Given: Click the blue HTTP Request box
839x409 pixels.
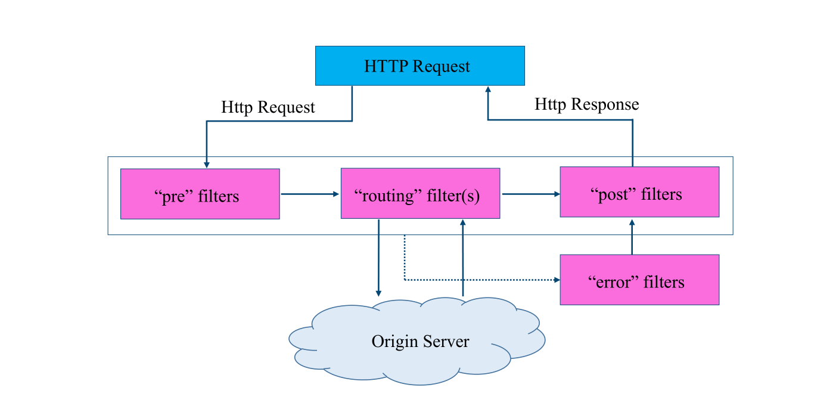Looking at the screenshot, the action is click(x=420, y=66).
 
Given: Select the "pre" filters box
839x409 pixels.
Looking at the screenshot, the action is click(x=200, y=194).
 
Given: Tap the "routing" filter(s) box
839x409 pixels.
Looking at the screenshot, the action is click(x=420, y=193).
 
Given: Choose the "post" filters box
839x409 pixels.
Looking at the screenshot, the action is click(x=639, y=192).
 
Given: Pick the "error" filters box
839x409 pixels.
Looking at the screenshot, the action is click(x=639, y=280).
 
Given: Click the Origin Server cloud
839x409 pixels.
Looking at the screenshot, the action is click(x=417, y=341).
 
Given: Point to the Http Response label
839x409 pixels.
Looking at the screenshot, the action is click(x=586, y=104).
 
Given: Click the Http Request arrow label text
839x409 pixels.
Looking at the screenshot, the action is click(x=268, y=107).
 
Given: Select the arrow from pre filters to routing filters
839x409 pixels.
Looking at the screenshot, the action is click(x=310, y=194).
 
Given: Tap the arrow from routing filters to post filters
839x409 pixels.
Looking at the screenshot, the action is click(x=531, y=194).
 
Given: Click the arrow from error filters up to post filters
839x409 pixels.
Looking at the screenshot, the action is click(x=632, y=237).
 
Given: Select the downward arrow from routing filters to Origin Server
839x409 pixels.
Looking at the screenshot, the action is click(x=378, y=258).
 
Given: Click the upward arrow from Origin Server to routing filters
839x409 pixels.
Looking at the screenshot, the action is click(x=463, y=258).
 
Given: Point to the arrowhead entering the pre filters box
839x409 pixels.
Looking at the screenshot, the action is click(x=206, y=165).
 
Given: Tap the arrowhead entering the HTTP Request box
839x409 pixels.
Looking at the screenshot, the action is click(x=488, y=89).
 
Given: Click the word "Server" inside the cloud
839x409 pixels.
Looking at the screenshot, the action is click(x=446, y=341).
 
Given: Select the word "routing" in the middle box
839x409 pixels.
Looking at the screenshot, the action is click(x=388, y=196).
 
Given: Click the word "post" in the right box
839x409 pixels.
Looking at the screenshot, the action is click(x=613, y=194).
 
